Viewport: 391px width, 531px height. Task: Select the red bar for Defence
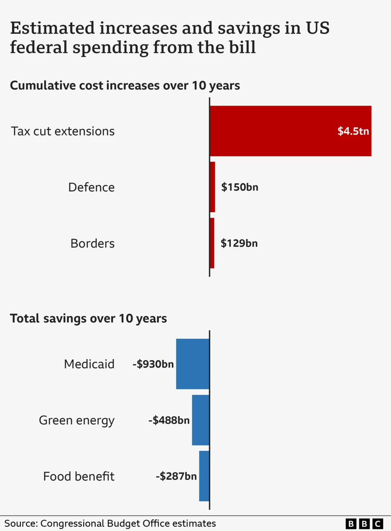click(x=213, y=187)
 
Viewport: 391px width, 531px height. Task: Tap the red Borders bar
click(x=212, y=243)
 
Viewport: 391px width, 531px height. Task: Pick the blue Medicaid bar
click(x=193, y=364)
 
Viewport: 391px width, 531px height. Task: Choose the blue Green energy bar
click(x=201, y=420)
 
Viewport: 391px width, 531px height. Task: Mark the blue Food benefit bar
click(x=204, y=476)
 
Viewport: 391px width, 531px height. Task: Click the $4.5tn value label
click(x=353, y=131)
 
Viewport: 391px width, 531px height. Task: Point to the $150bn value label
click(x=240, y=187)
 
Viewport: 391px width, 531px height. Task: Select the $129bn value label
click(x=239, y=243)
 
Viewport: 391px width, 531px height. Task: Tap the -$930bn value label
click(x=153, y=364)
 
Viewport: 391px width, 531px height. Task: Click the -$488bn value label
click(x=169, y=420)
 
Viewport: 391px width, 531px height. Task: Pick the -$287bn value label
click(x=176, y=476)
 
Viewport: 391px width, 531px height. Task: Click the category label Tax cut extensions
click(x=63, y=131)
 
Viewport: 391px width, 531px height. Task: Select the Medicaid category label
click(x=89, y=364)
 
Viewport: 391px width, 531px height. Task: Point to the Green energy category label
click(x=77, y=420)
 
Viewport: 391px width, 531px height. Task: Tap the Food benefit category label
click(x=79, y=476)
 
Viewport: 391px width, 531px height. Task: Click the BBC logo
click(x=364, y=523)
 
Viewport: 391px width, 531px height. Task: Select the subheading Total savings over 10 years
click(x=89, y=318)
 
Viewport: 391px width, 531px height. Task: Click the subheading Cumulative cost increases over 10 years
click(x=125, y=85)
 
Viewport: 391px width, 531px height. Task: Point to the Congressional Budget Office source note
click(x=110, y=523)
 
